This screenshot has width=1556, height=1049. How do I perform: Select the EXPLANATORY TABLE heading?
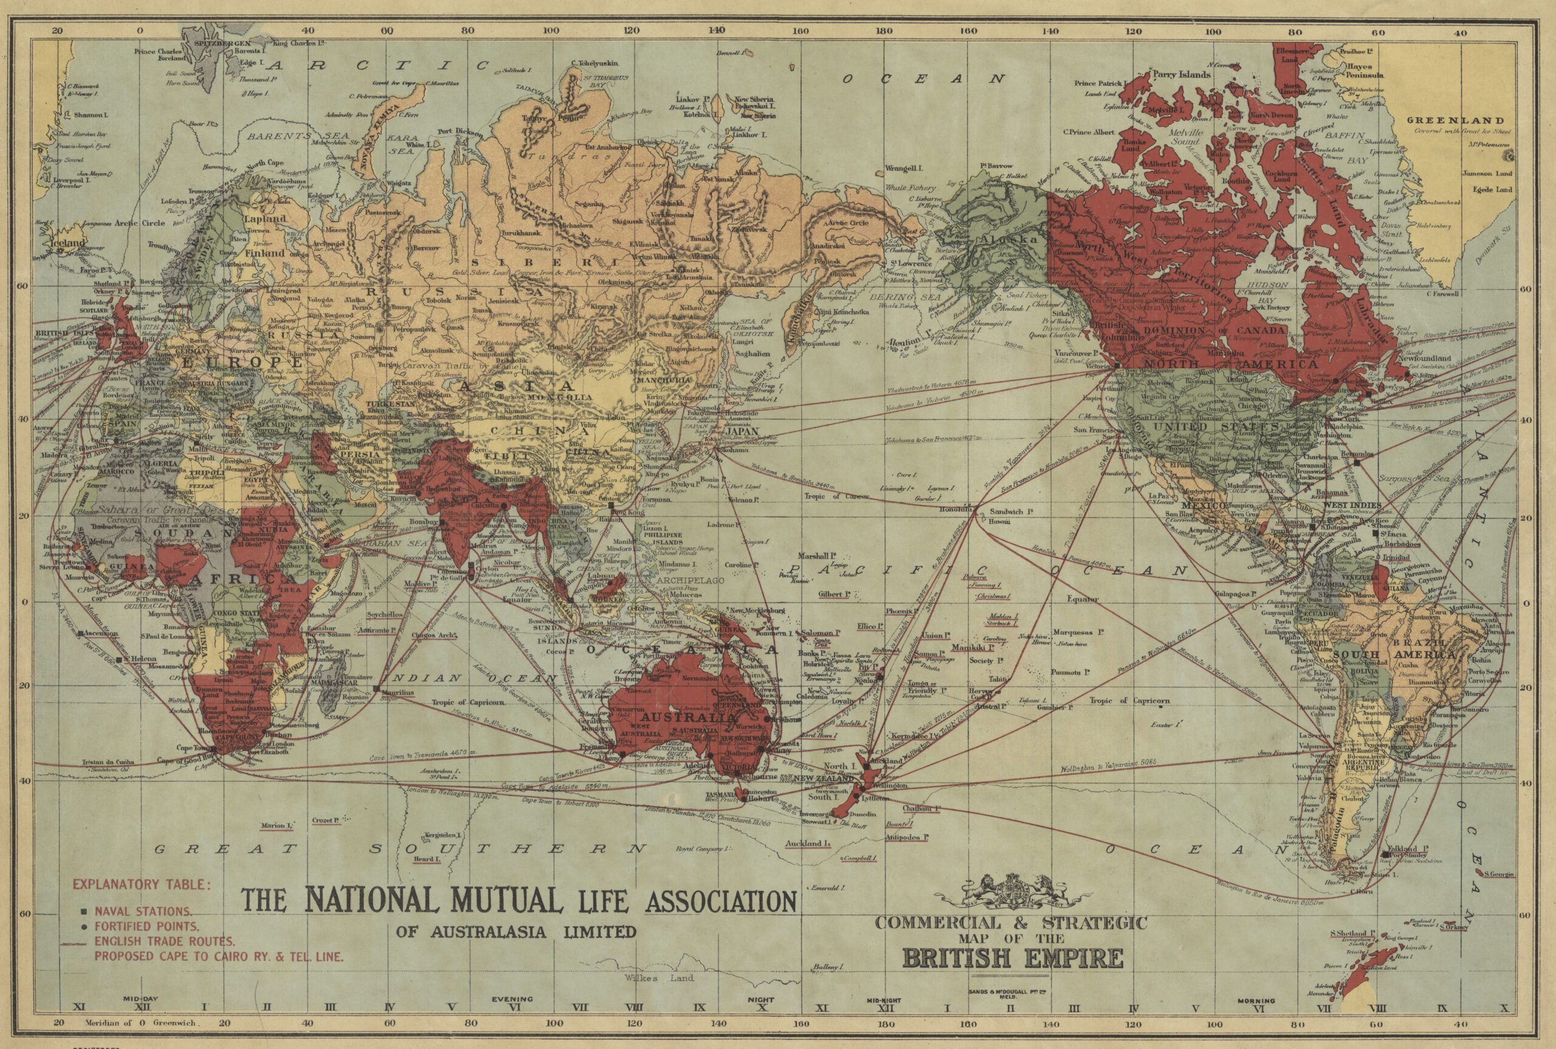coord(142,884)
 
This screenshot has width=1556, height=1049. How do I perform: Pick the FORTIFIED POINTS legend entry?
coord(146,927)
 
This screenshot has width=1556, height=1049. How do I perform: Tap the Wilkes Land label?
coord(659,978)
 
